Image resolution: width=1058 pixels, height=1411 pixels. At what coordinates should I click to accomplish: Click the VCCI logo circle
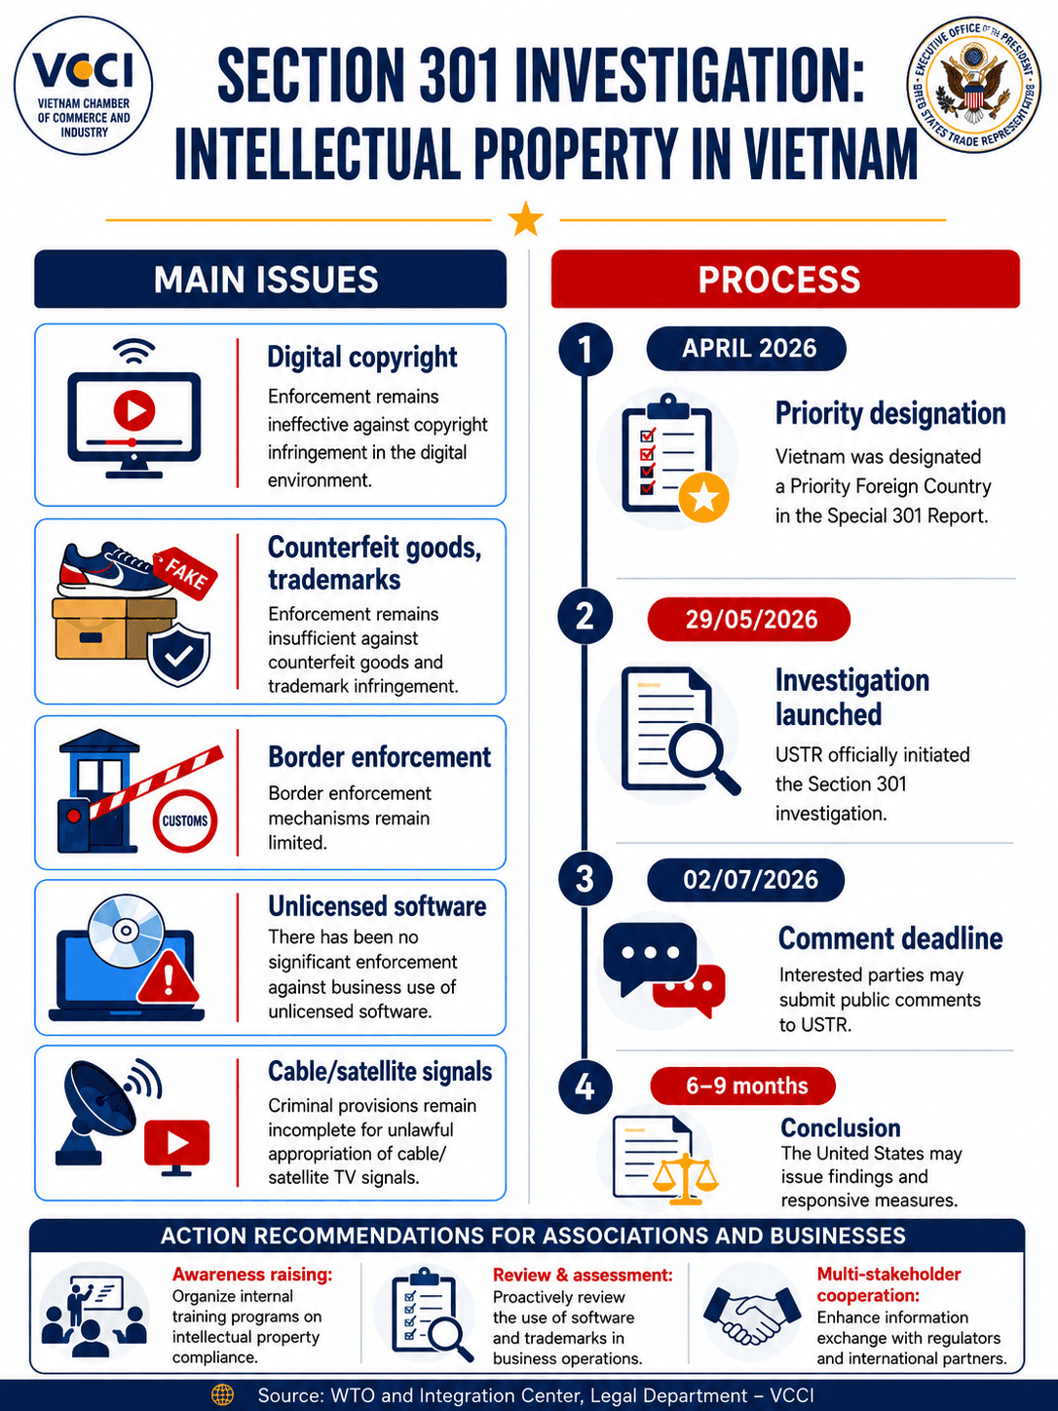coord(83,86)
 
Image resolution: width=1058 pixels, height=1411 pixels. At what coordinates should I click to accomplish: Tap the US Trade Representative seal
coord(974,86)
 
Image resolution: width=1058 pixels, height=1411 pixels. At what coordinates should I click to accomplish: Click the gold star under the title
coord(525,218)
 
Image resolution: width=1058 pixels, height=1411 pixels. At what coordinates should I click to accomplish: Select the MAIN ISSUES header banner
coord(271,279)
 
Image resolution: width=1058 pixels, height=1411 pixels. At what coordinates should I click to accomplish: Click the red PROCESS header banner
coord(785,279)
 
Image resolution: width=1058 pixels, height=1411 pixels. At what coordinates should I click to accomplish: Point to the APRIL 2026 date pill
coord(746,349)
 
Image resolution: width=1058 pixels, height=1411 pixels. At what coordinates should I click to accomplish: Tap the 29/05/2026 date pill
coord(749,619)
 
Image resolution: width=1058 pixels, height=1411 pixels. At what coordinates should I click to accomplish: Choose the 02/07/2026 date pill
coord(746,879)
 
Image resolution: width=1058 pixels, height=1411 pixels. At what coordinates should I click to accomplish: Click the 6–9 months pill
coord(743,1086)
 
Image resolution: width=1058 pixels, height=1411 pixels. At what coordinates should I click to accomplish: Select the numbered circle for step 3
coord(585,879)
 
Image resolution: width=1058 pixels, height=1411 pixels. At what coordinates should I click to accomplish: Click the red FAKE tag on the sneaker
coord(185,573)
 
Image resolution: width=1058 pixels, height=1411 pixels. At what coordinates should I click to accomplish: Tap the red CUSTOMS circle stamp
coord(185,820)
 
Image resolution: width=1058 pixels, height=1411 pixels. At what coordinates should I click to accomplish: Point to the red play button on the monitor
coord(134,409)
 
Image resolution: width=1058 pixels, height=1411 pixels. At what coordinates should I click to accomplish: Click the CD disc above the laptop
coord(127,931)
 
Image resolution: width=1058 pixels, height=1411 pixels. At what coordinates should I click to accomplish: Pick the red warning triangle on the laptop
coord(169,976)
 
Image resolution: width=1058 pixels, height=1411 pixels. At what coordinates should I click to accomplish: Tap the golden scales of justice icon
coord(686,1179)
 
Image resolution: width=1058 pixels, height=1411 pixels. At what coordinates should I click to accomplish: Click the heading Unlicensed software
coord(377,906)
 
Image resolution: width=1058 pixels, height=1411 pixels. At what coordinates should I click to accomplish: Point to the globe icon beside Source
coord(222,1394)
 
